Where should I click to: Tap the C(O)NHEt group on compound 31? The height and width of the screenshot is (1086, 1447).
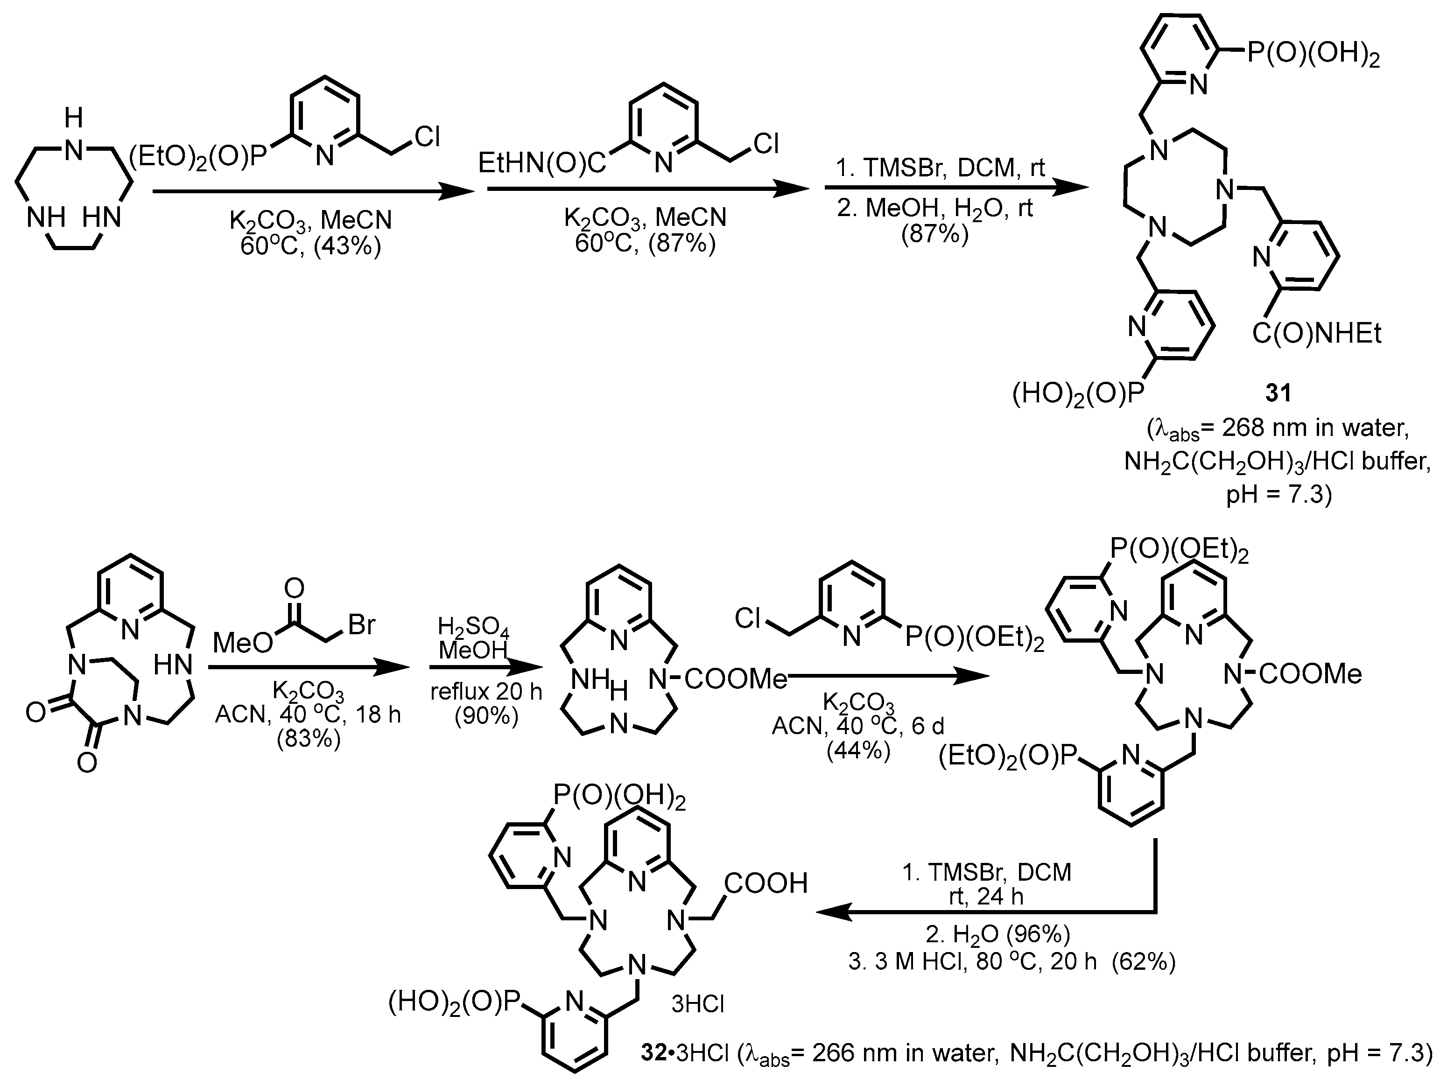pyautogui.click(x=1317, y=334)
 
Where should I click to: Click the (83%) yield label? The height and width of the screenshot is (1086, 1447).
pyautogui.click(x=309, y=739)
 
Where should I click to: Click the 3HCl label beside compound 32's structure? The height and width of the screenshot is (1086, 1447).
pyautogui.click(x=698, y=1003)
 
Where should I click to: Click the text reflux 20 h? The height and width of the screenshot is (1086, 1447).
pyautogui.click(x=486, y=692)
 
